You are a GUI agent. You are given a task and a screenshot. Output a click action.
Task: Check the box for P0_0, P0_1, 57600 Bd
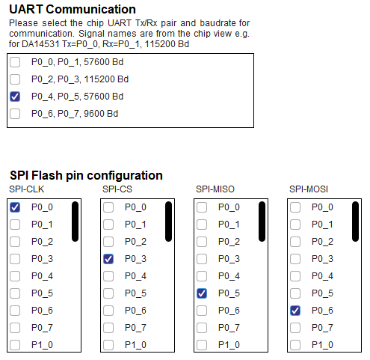[15, 62]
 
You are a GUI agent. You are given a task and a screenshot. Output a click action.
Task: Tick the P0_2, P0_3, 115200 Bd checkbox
[15, 79]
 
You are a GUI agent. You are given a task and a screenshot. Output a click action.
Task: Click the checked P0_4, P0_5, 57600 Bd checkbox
[15, 97]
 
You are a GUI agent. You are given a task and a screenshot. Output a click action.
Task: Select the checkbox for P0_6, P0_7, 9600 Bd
[15, 114]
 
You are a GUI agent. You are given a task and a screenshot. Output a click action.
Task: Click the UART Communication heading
[73, 10]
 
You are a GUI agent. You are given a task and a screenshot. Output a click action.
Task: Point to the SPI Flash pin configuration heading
[86, 176]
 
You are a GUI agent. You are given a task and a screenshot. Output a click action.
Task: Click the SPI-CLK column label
[27, 189]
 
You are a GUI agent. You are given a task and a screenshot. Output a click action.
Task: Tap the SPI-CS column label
[117, 189]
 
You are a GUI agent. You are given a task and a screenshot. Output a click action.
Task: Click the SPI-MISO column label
[215, 189]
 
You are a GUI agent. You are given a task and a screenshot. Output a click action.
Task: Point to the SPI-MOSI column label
[309, 189]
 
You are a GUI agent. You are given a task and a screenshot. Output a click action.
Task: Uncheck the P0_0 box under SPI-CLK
[15, 207]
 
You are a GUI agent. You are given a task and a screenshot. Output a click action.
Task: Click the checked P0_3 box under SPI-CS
[108, 259]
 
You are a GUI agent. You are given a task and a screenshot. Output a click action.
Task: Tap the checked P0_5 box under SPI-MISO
[202, 293]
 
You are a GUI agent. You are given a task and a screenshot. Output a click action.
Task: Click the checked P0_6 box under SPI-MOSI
[295, 311]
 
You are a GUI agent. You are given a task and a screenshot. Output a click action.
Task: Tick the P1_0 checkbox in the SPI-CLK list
[15, 345]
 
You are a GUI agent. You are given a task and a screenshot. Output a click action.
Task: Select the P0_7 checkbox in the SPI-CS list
[108, 328]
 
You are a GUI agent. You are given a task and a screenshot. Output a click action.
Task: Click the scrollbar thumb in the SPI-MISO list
[262, 222]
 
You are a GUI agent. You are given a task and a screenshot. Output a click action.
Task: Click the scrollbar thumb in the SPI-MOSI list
[355, 222]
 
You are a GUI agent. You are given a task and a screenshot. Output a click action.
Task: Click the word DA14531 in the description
[40, 44]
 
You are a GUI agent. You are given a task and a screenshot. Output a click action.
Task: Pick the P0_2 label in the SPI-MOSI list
[322, 242]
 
